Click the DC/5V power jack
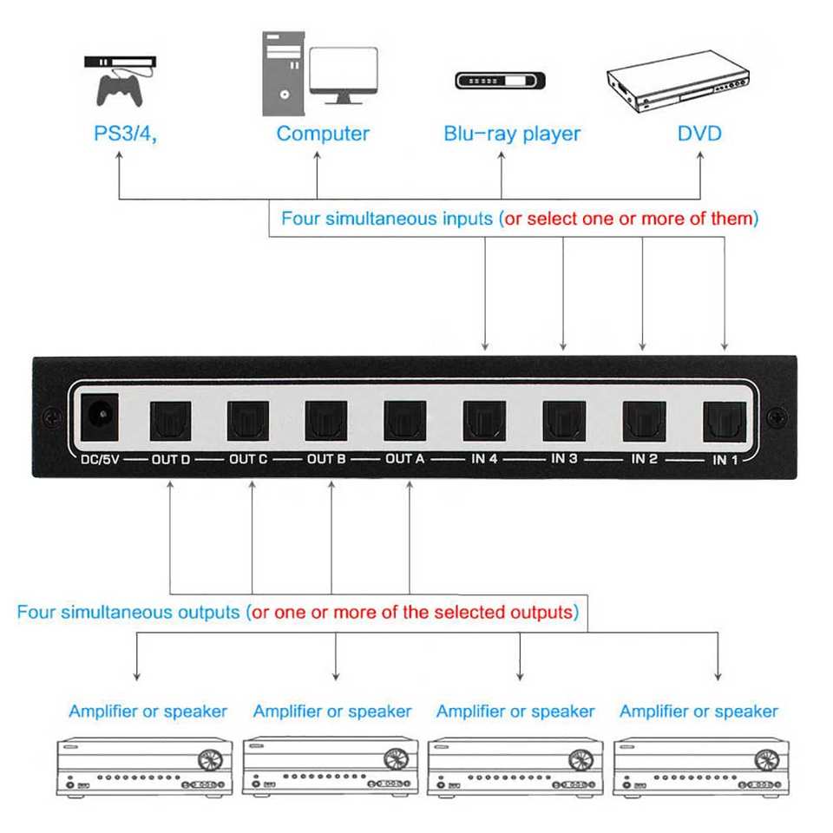(x=99, y=416)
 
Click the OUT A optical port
(x=405, y=421)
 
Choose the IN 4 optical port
(x=484, y=421)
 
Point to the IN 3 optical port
(x=564, y=421)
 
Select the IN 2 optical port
(x=643, y=421)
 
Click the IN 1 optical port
(x=725, y=419)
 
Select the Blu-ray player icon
(x=501, y=82)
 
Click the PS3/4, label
(x=126, y=134)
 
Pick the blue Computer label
(x=323, y=134)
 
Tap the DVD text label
(x=699, y=134)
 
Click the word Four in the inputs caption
(x=300, y=219)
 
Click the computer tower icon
(x=283, y=75)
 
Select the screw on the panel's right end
(x=777, y=416)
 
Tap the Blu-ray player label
(x=512, y=134)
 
